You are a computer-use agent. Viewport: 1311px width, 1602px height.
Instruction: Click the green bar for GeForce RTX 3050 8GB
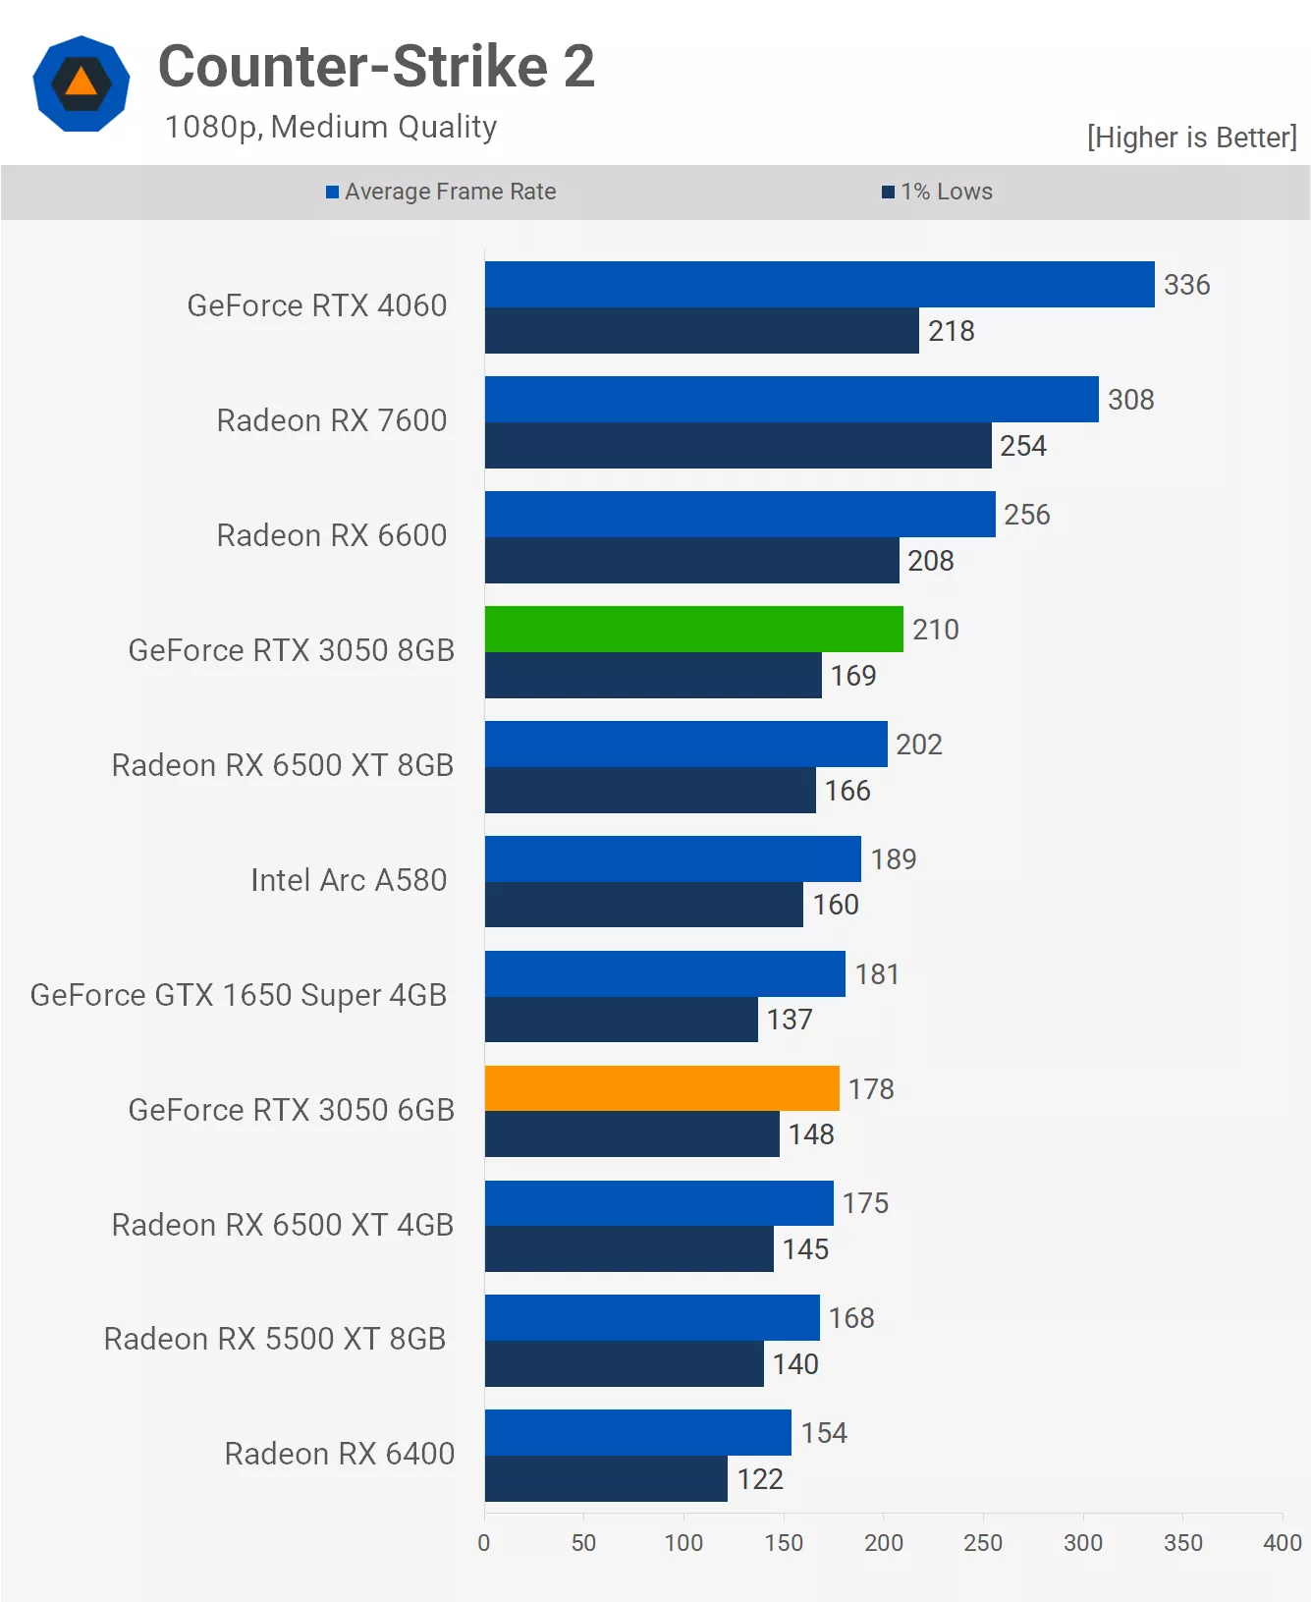(693, 629)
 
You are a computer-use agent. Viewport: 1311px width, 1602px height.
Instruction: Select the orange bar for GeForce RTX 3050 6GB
(662, 1088)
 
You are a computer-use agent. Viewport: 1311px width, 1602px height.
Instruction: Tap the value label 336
(1186, 285)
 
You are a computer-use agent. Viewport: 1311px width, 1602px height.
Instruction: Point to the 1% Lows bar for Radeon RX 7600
(737, 446)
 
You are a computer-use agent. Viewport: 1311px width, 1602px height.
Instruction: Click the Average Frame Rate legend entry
(441, 192)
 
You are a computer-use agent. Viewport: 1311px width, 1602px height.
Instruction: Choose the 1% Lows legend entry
(937, 192)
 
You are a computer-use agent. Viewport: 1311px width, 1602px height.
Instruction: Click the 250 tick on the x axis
(983, 1543)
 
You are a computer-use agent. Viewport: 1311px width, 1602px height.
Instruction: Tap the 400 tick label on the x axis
(1282, 1543)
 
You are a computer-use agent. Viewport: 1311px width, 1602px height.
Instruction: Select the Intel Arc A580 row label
(349, 880)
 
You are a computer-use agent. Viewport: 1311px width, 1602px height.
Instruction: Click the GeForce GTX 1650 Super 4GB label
(239, 995)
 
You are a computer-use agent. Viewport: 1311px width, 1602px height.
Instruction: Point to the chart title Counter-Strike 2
(376, 67)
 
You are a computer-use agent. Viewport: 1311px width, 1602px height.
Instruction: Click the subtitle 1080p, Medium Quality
(331, 127)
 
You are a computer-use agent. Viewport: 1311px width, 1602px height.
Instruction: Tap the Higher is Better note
(1191, 138)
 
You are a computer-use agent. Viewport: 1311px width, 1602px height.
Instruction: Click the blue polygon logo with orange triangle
(82, 83)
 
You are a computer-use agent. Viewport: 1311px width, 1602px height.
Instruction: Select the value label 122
(760, 1479)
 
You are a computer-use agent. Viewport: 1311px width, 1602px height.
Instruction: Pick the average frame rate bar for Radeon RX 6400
(637, 1432)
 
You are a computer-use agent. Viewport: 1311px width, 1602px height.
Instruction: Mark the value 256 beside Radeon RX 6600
(1026, 515)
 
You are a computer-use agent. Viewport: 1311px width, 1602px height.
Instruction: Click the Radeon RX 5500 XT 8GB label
(275, 1339)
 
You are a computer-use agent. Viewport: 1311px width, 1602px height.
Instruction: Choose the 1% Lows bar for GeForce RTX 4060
(701, 331)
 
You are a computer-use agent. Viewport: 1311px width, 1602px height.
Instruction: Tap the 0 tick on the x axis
(484, 1543)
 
